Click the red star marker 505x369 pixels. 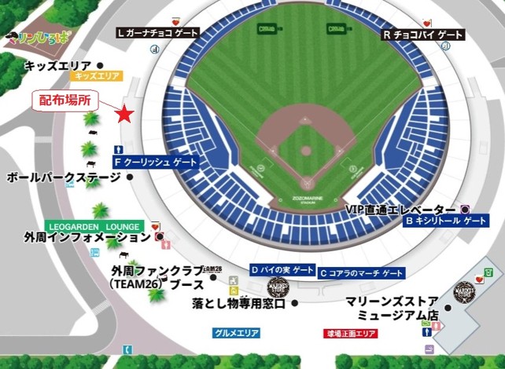(124, 115)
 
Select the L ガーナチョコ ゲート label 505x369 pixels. (157, 33)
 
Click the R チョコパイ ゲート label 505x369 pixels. (424, 35)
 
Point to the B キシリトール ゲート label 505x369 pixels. (445, 221)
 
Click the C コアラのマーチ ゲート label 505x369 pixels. (362, 272)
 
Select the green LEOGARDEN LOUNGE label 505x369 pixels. (94, 226)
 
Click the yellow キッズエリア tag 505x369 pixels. (96, 76)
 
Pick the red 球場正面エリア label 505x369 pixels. (351, 333)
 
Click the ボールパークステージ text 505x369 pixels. (63, 178)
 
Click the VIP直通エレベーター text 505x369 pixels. (401, 210)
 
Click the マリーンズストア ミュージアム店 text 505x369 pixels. (390, 308)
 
